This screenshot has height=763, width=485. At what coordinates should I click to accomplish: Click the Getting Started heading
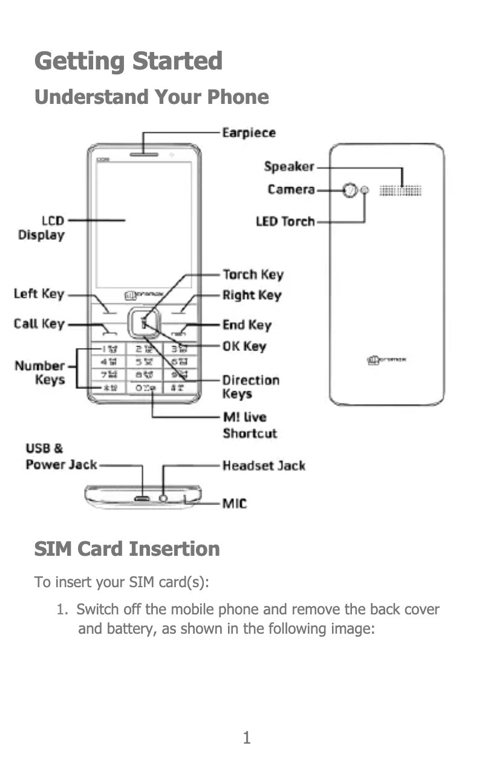128,61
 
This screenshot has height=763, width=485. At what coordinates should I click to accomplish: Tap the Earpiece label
249,132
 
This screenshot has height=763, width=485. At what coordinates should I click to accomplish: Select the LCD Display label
41,228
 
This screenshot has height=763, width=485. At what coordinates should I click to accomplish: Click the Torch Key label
252,275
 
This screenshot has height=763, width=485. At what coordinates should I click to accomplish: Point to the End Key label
247,325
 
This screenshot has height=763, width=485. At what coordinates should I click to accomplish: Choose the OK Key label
244,346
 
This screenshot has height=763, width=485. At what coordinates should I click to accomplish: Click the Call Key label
39,324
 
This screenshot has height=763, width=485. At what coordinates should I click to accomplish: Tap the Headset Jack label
264,466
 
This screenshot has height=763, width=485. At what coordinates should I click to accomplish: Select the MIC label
235,503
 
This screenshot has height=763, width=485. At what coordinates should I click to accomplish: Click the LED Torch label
285,222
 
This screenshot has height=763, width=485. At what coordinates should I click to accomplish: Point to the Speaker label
289,167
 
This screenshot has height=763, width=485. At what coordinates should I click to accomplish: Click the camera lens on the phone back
349,191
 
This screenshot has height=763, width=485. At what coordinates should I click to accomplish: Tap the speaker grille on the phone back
400,191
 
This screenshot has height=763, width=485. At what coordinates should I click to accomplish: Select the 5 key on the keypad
143,362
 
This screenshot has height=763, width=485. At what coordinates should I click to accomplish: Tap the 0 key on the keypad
144,387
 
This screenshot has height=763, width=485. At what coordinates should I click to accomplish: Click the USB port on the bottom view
142,498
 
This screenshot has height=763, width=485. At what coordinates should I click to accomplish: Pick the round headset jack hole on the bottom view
163,498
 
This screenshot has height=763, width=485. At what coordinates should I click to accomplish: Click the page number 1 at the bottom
246,738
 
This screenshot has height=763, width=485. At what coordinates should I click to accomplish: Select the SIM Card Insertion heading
127,549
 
